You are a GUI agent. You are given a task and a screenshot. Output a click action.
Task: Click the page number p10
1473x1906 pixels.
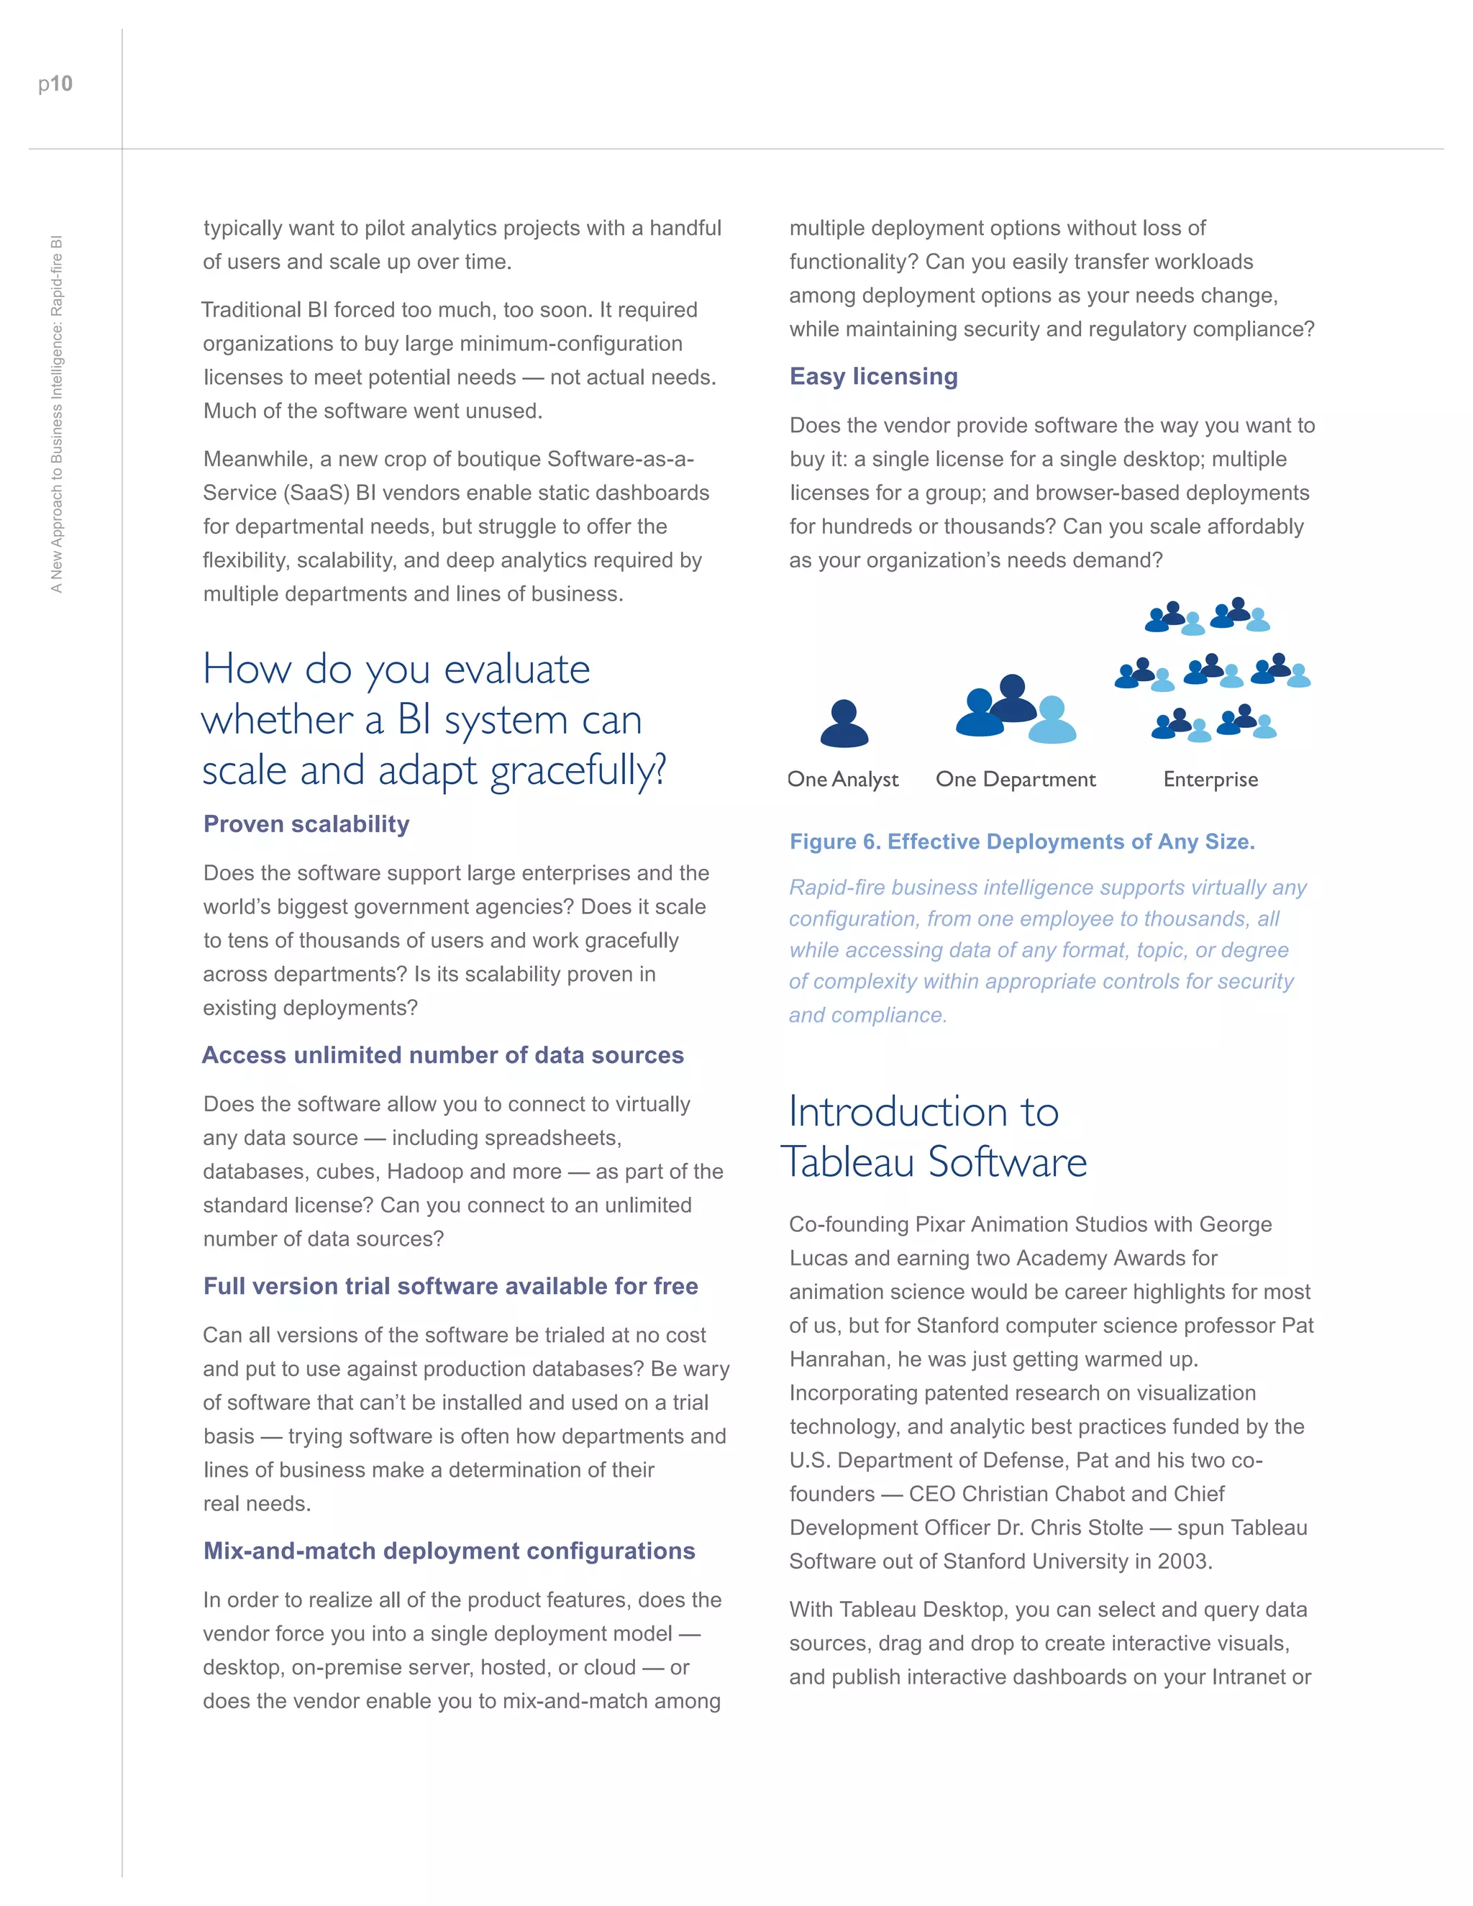(x=55, y=83)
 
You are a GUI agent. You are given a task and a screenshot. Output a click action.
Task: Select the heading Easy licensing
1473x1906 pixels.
(x=873, y=376)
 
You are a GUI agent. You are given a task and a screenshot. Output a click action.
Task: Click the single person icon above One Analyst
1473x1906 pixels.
(x=844, y=724)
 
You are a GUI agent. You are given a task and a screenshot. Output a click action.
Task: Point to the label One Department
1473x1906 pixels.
(x=1015, y=780)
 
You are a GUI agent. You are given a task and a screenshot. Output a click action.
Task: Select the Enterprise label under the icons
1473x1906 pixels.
(x=1210, y=780)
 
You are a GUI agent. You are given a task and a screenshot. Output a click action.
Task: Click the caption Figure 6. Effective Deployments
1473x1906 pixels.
(x=1022, y=842)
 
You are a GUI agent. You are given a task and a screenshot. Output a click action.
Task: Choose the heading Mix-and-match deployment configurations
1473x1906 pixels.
(x=449, y=1551)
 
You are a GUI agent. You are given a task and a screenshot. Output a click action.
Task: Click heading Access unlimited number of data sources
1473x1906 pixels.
(x=442, y=1055)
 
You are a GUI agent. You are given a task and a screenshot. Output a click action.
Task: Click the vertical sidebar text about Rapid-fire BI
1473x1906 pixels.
(x=57, y=414)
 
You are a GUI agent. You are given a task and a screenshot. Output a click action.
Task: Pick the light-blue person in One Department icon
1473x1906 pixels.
(x=1052, y=720)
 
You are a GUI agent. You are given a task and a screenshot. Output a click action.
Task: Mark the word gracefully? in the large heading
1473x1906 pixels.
(x=578, y=770)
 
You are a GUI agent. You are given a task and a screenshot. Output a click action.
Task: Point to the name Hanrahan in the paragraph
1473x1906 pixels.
(x=837, y=1359)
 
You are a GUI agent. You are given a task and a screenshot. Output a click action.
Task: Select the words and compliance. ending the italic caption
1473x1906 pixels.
(x=867, y=1015)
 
